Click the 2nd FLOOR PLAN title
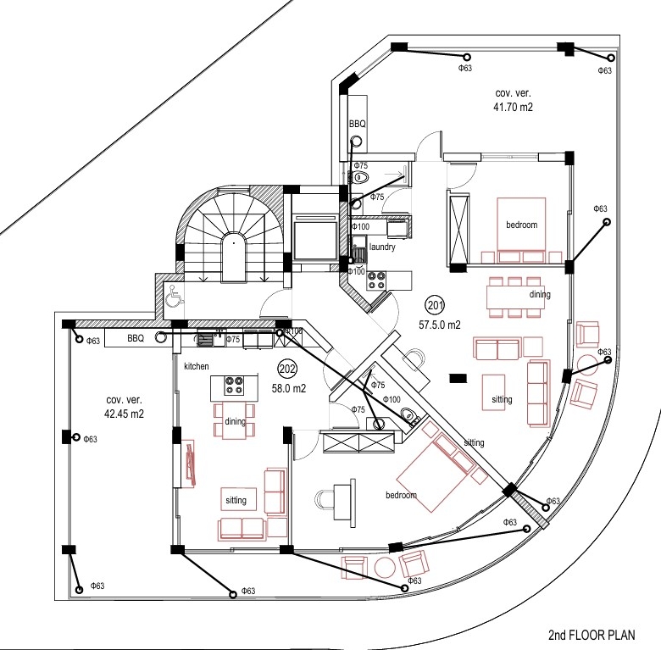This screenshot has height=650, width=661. (592, 635)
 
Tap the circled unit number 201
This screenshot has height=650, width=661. (435, 305)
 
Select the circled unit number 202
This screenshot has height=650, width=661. (287, 369)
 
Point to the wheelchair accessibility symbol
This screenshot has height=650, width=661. (175, 296)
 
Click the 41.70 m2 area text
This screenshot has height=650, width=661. (513, 107)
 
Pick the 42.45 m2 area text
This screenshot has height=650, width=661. (124, 414)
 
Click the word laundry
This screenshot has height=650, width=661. (382, 247)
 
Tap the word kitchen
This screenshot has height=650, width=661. (197, 366)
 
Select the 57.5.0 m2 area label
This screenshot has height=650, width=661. (440, 325)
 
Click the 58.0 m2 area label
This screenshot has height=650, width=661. (289, 388)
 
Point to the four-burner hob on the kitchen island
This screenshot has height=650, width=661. (234, 386)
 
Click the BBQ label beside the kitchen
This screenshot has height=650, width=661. (136, 338)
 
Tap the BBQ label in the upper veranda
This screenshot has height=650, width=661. (357, 124)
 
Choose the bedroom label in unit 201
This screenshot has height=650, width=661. (521, 225)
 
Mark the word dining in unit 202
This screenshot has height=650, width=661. (236, 421)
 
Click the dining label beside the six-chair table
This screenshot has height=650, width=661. (540, 294)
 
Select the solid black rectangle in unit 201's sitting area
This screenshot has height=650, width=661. (458, 379)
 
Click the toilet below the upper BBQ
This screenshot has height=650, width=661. (359, 178)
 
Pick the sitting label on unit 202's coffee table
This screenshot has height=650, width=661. (236, 500)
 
